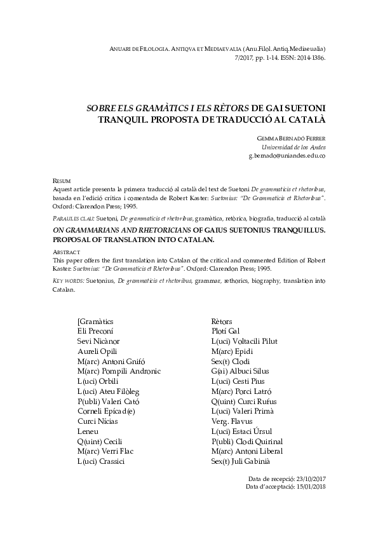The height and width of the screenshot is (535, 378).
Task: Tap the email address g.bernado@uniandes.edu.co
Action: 287,156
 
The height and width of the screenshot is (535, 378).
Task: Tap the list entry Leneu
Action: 88,431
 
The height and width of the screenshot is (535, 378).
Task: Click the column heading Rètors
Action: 222,322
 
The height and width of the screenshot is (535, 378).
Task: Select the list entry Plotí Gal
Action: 226,331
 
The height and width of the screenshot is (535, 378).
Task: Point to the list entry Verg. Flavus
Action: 232,421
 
